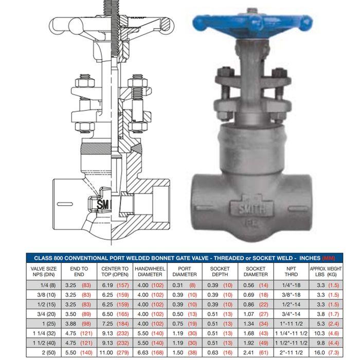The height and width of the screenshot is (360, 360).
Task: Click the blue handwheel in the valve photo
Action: click(252, 23)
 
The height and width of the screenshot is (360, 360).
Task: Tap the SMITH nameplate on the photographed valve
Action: click(252, 208)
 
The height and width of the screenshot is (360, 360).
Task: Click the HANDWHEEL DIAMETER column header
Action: click(150, 272)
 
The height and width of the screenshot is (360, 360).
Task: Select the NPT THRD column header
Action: click(291, 272)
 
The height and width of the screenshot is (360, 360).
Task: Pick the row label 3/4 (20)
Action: click(46, 314)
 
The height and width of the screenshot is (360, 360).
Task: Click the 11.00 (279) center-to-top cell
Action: click(114, 352)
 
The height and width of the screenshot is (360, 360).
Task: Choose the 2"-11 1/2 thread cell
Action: click(291, 352)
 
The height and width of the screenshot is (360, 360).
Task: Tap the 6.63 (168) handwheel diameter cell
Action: click(150, 352)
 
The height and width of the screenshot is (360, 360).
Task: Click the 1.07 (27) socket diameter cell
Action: click(256, 314)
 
